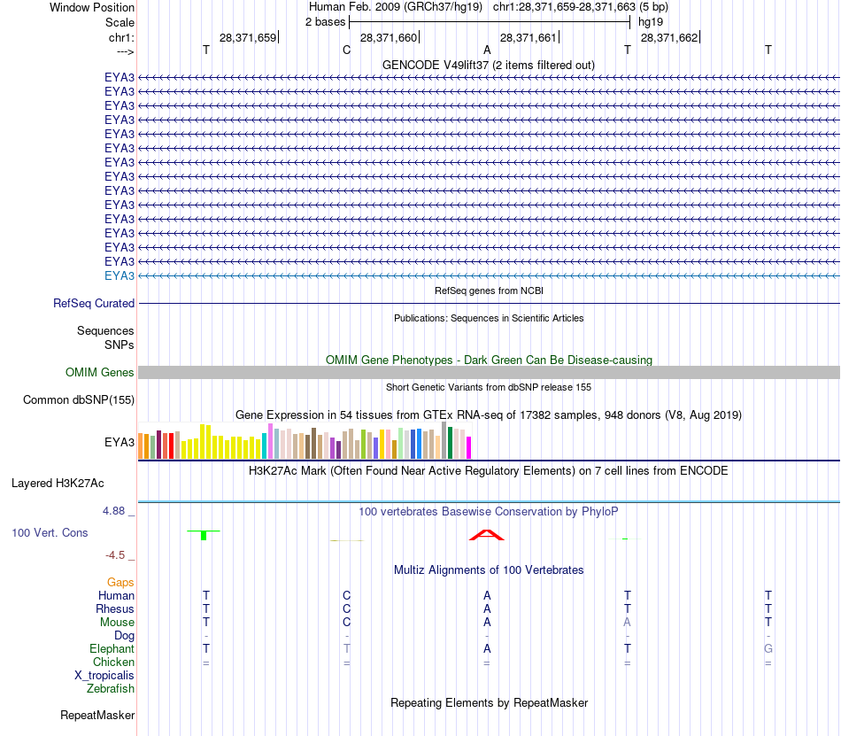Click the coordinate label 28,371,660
click(x=388, y=37)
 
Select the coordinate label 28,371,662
click(x=668, y=37)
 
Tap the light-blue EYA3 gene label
click(x=120, y=275)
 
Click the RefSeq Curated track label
click(x=94, y=303)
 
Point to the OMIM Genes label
click(x=100, y=373)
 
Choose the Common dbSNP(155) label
click(x=79, y=399)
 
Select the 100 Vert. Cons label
click(x=50, y=532)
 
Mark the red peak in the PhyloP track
click(x=487, y=535)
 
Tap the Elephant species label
click(x=112, y=649)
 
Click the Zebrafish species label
click(x=111, y=688)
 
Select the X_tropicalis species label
click(x=104, y=675)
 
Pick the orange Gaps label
click(x=120, y=582)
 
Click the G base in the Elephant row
click(x=768, y=649)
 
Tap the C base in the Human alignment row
click(x=347, y=595)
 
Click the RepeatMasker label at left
click(x=97, y=715)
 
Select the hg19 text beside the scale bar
click(x=651, y=21)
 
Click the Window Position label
click(x=92, y=7)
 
